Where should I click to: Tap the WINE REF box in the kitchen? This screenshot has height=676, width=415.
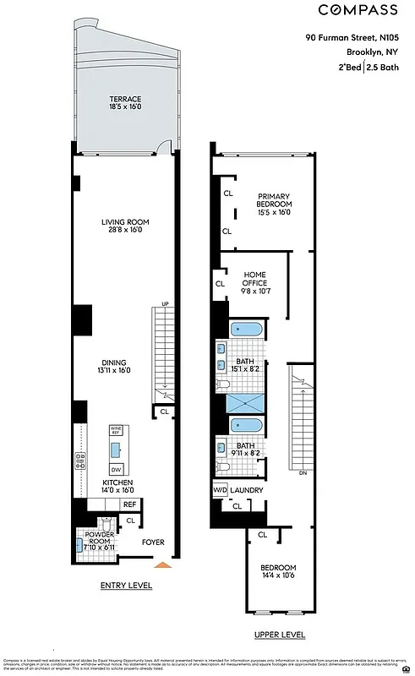[x=116, y=430]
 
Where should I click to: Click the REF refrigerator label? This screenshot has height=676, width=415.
[x=129, y=504]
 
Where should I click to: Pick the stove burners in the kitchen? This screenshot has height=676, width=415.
[x=82, y=461]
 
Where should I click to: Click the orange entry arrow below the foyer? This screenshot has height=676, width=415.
[x=166, y=564]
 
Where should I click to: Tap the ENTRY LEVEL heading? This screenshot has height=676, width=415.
[x=125, y=586]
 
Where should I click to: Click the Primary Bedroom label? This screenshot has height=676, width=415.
[x=274, y=204]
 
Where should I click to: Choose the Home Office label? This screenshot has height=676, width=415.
[x=254, y=280]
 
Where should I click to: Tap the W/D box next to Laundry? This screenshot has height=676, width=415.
[x=219, y=490]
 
